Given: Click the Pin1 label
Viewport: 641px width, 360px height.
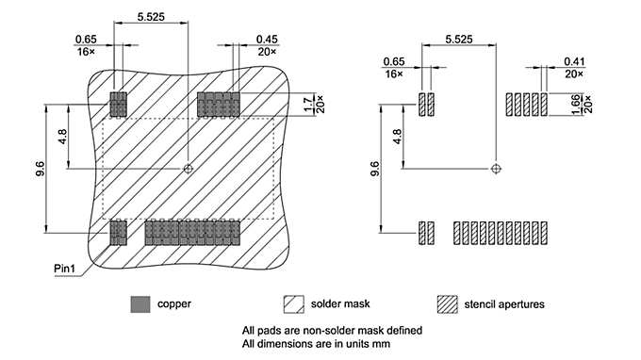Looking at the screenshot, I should pyautogui.click(x=66, y=270).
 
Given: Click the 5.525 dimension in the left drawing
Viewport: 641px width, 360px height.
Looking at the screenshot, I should pyautogui.click(x=152, y=17).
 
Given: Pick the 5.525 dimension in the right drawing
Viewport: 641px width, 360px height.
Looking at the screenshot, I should pyautogui.click(x=458, y=39).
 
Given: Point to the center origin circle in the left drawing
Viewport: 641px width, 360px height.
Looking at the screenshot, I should pyautogui.click(x=189, y=169).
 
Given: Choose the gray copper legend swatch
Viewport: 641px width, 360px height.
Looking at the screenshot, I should pyautogui.click(x=140, y=303).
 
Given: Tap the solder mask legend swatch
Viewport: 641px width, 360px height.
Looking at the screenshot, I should pyautogui.click(x=293, y=303).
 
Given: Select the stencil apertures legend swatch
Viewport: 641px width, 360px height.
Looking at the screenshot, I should pyautogui.click(x=447, y=303).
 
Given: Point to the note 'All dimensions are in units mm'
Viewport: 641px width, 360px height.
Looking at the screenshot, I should pyautogui.click(x=316, y=344).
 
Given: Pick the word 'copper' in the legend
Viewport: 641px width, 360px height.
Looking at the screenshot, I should pyautogui.click(x=174, y=303).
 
